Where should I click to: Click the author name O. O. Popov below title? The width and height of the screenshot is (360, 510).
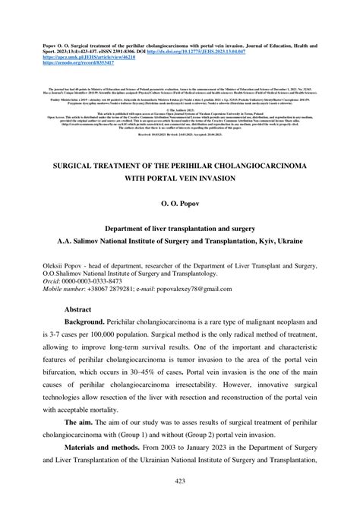(179, 204)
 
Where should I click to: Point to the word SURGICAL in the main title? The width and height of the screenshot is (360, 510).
(74, 162)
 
